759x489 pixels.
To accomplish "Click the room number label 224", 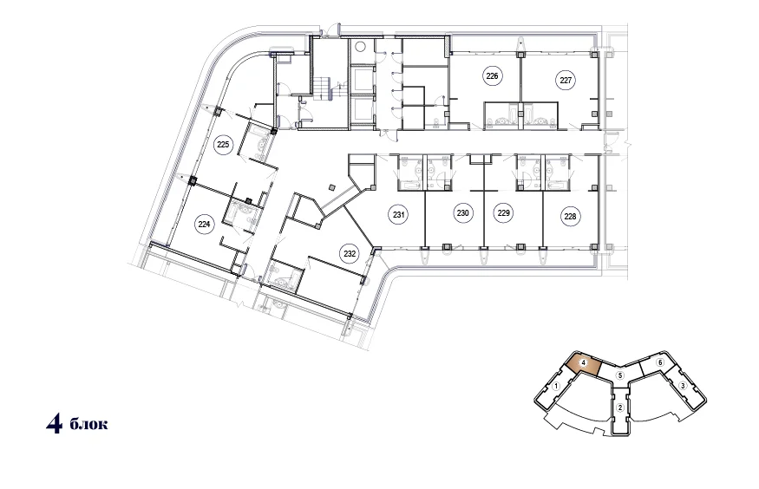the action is (x=204, y=224).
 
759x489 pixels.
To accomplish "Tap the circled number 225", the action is (x=223, y=145).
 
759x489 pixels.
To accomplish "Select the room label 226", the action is (x=492, y=76).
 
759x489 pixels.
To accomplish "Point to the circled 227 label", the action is (x=566, y=81).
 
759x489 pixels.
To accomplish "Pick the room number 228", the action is (x=570, y=216).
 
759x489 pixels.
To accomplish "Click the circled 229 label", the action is (x=503, y=212).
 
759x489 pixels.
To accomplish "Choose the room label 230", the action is (x=462, y=212).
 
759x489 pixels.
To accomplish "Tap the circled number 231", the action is (x=398, y=214).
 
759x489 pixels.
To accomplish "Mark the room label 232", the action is (x=350, y=253).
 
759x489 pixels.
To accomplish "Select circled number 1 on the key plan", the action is (x=557, y=386).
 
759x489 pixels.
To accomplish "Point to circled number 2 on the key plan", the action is (x=620, y=407).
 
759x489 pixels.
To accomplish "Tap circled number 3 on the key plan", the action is (x=683, y=386).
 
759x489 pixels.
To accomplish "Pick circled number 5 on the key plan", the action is (x=620, y=375).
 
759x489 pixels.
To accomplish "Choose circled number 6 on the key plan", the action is (x=659, y=362).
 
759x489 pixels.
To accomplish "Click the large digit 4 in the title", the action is (x=54, y=424).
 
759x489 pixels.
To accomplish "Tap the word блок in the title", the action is (x=89, y=425).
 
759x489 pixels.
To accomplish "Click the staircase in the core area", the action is (x=322, y=89).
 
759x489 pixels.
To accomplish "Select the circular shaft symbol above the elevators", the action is (x=361, y=47).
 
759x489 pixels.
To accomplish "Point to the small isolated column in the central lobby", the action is (x=331, y=186).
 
